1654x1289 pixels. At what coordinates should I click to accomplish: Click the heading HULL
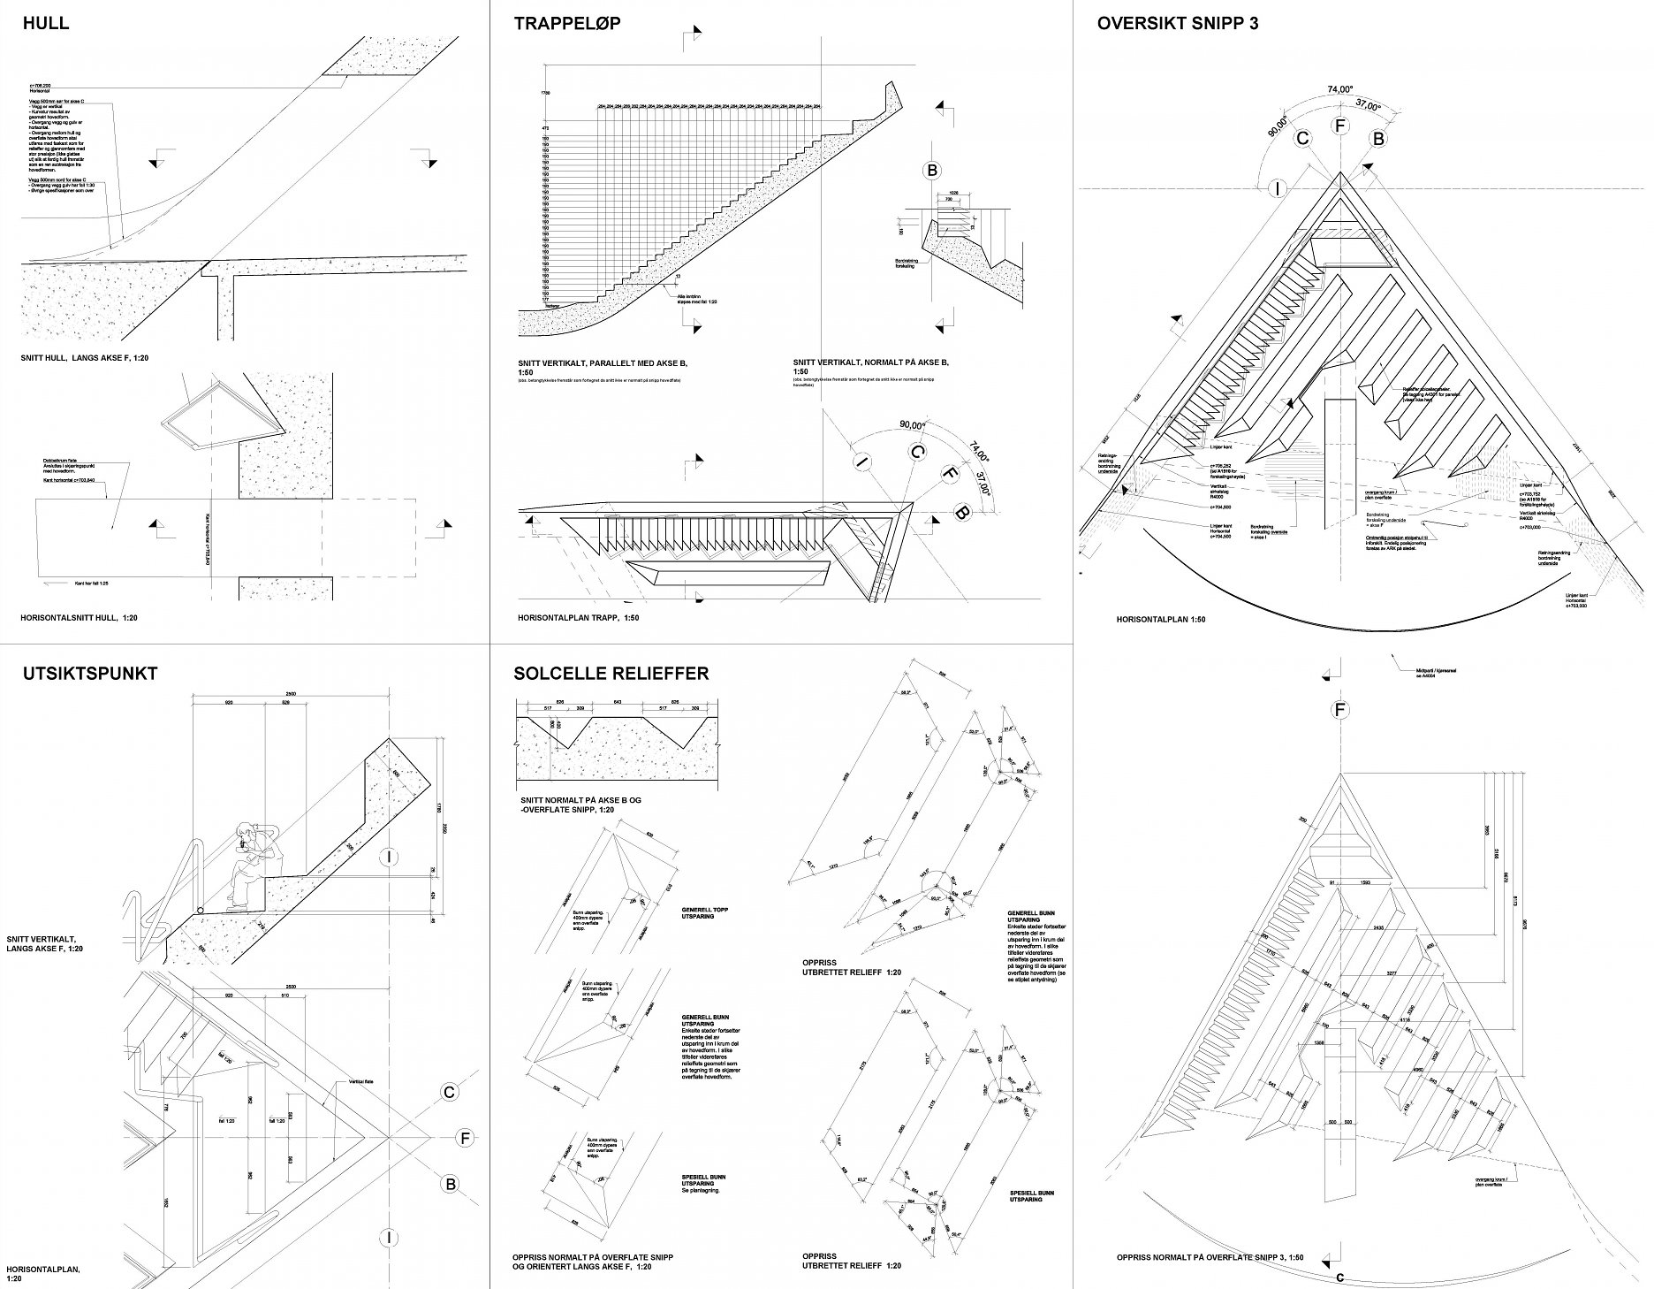pos(45,24)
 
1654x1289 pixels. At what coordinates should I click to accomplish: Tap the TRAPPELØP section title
pos(567,24)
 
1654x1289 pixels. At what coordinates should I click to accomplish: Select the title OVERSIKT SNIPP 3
pos(1178,24)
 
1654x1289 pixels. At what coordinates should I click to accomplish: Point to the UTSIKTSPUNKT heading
pos(90,674)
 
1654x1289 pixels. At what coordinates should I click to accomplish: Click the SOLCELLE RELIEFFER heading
pos(611,674)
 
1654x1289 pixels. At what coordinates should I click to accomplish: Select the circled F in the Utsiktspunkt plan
pos(466,1139)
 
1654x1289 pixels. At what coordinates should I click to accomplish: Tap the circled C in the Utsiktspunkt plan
pos(450,1094)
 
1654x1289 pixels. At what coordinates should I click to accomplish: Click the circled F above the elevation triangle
pos(1340,710)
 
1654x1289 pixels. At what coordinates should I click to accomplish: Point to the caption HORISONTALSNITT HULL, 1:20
pos(80,618)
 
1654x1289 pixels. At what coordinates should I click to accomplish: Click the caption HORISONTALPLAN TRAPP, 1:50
pos(579,618)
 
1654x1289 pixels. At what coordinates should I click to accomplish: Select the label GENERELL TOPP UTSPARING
pos(705,913)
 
